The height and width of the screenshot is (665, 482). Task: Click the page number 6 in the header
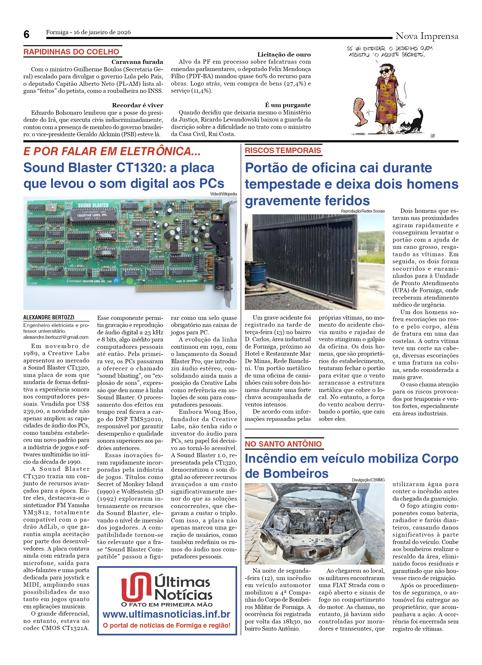point(26,35)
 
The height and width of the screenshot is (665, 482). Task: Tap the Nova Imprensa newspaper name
point(426,36)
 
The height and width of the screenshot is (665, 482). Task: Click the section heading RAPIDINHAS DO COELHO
point(71,52)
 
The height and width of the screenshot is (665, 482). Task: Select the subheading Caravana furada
point(137,62)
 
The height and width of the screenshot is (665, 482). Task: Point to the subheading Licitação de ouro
point(284,54)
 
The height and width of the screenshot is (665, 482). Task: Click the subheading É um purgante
point(287,105)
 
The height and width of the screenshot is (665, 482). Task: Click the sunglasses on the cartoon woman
point(385,72)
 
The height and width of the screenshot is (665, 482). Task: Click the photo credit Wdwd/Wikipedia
point(223,194)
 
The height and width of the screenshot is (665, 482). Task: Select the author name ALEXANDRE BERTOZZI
point(49,317)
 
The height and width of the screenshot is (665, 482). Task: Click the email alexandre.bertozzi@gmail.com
point(56,337)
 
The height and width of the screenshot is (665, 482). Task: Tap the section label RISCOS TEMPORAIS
point(283,151)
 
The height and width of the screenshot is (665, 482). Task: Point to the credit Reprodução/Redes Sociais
point(362,211)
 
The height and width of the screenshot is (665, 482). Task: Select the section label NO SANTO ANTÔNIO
point(283,444)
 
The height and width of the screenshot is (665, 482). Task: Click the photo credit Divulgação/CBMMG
point(368,480)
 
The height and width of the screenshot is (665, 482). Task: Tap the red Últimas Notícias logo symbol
point(136,586)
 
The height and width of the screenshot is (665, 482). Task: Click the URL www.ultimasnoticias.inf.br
point(166,614)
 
